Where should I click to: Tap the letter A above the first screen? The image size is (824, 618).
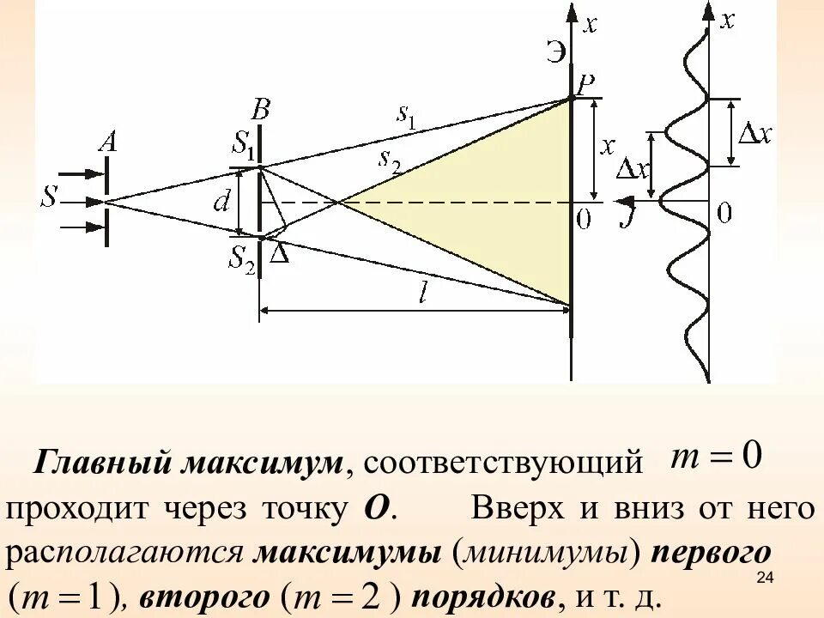107,142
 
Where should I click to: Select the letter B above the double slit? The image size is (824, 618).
260,110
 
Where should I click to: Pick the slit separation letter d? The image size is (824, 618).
221,202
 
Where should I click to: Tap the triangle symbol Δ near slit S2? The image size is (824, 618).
279,253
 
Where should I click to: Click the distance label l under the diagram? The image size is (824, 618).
423,294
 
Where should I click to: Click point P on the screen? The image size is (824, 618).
586,84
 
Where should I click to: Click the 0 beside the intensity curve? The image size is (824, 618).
724,213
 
